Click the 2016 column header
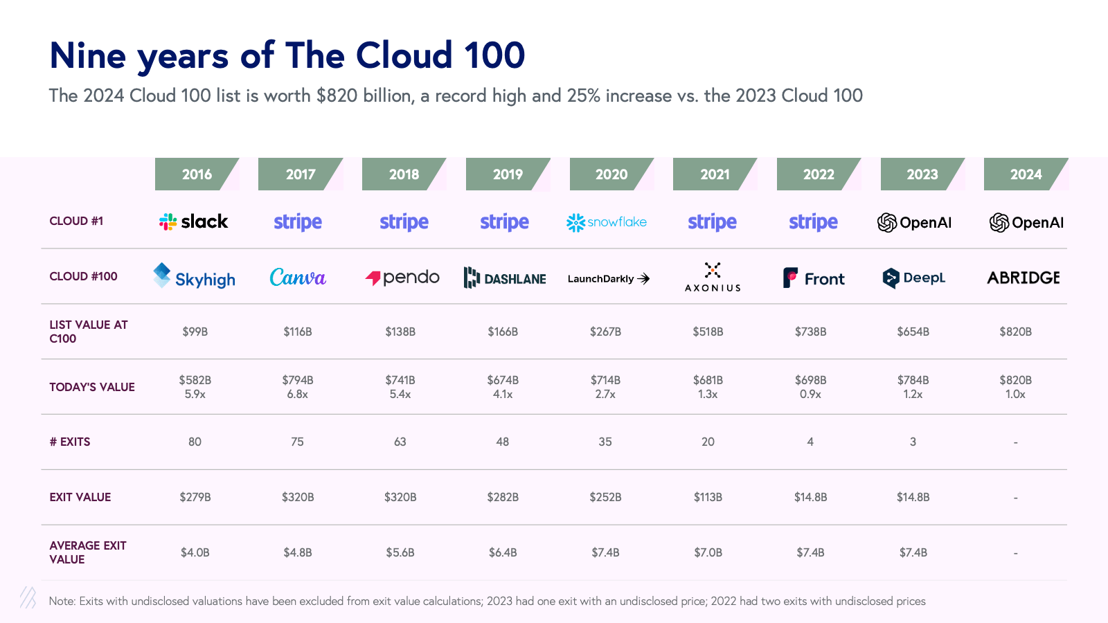point(197,174)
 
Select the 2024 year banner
point(1026,174)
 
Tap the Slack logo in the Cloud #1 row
point(194,222)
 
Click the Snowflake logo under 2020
point(607,222)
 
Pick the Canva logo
point(298,278)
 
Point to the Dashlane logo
point(505,278)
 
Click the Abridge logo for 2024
point(1024,278)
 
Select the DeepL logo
point(914,278)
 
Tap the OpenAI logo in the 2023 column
point(914,222)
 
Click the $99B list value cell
point(195,332)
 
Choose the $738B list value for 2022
point(810,332)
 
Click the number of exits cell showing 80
point(195,442)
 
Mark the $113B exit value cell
point(708,497)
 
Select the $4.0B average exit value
point(195,552)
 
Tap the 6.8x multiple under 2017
point(298,395)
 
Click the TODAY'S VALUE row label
point(92,387)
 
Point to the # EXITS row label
point(70,442)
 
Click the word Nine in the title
point(87,56)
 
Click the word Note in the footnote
point(62,601)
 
